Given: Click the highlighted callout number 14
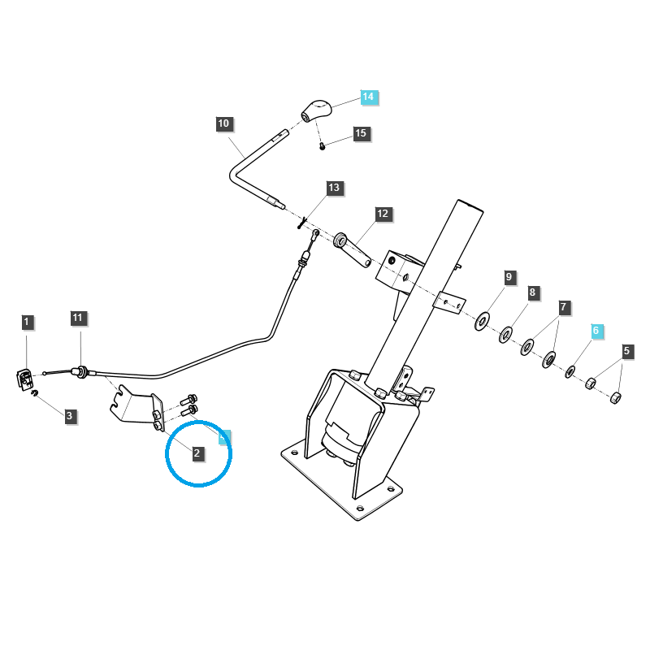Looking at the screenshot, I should tap(368, 97).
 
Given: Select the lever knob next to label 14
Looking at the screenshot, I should tap(317, 109).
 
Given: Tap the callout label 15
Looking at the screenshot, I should tap(361, 133).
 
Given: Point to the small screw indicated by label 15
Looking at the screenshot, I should tap(323, 145).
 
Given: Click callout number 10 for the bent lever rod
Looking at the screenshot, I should tap(224, 124).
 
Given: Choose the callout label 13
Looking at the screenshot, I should tap(334, 188).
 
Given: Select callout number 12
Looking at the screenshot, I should tap(383, 214).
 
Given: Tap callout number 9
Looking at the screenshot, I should tap(509, 277).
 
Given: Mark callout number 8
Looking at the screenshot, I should tap(533, 292).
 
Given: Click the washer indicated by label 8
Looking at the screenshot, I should tap(505, 333).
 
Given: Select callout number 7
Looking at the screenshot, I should tap(564, 308).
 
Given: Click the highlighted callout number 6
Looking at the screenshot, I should tap(596, 331).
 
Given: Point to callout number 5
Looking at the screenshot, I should tap(626, 352).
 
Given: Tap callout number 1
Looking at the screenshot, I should tap(26, 323).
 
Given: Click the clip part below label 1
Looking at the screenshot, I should tap(24, 378).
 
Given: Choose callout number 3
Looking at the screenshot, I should tap(69, 416).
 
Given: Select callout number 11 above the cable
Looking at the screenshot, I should tap(77, 318).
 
